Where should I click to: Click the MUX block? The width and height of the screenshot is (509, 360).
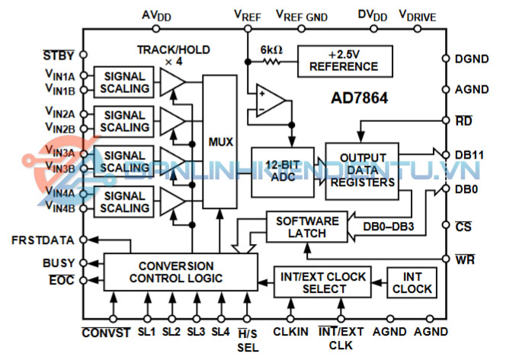tap(219, 142)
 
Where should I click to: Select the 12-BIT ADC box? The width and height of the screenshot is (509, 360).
tap(283, 172)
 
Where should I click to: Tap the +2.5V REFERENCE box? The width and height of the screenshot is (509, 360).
tap(345, 61)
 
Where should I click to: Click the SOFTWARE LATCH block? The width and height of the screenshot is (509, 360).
tap(307, 227)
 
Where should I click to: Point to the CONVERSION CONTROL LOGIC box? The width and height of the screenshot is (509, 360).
tap(181, 272)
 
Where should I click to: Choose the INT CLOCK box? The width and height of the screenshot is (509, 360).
tap(412, 283)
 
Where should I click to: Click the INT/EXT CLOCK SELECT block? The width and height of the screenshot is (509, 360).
tap(322, 282)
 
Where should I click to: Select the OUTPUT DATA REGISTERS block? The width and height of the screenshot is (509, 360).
tap(362, 171)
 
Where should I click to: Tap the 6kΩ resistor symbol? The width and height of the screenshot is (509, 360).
tap(271, 61)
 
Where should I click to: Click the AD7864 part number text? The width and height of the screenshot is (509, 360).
tap(359, 98)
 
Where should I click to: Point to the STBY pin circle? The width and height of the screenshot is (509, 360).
tap(83, 55)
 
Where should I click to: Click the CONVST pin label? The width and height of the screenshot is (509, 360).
tap(106, 333)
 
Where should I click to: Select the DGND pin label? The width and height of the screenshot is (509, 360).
tap(472, 59)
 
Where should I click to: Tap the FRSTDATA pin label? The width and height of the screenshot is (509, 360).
tap(43, 240)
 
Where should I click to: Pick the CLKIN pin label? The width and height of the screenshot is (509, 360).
tap(290, 332)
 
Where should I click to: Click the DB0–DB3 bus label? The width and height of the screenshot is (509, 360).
tap(389, 227)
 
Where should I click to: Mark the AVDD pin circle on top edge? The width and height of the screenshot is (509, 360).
tap(156, 29)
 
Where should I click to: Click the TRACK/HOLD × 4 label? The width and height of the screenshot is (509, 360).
tap(174, 55)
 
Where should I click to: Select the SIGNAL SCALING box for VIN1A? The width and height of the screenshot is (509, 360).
tap(123, 82)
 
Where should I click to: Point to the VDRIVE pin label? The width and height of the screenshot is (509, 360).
tap(418, 16)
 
